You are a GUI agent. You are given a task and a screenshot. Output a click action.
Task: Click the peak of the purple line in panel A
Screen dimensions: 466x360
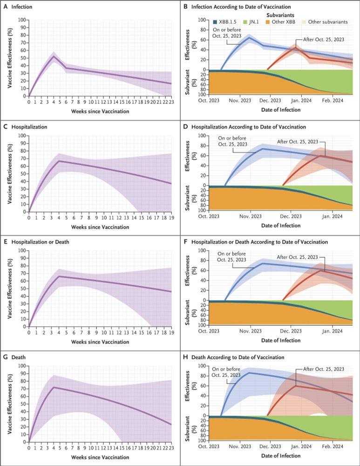pyautogui.click(x=54, y=56)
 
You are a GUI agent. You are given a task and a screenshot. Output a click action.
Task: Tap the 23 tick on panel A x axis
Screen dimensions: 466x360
pyautogui.click(x=171, y=102)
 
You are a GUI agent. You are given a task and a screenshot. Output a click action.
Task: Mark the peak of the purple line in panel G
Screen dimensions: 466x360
pyautogui.click(x=54, y=387)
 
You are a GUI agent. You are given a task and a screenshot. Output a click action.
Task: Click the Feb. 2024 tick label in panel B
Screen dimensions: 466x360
pyautogui.click(x=333, y=100)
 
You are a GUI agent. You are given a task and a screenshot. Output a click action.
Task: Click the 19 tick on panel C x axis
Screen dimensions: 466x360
pyautogui.click(x=171, y=217)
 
